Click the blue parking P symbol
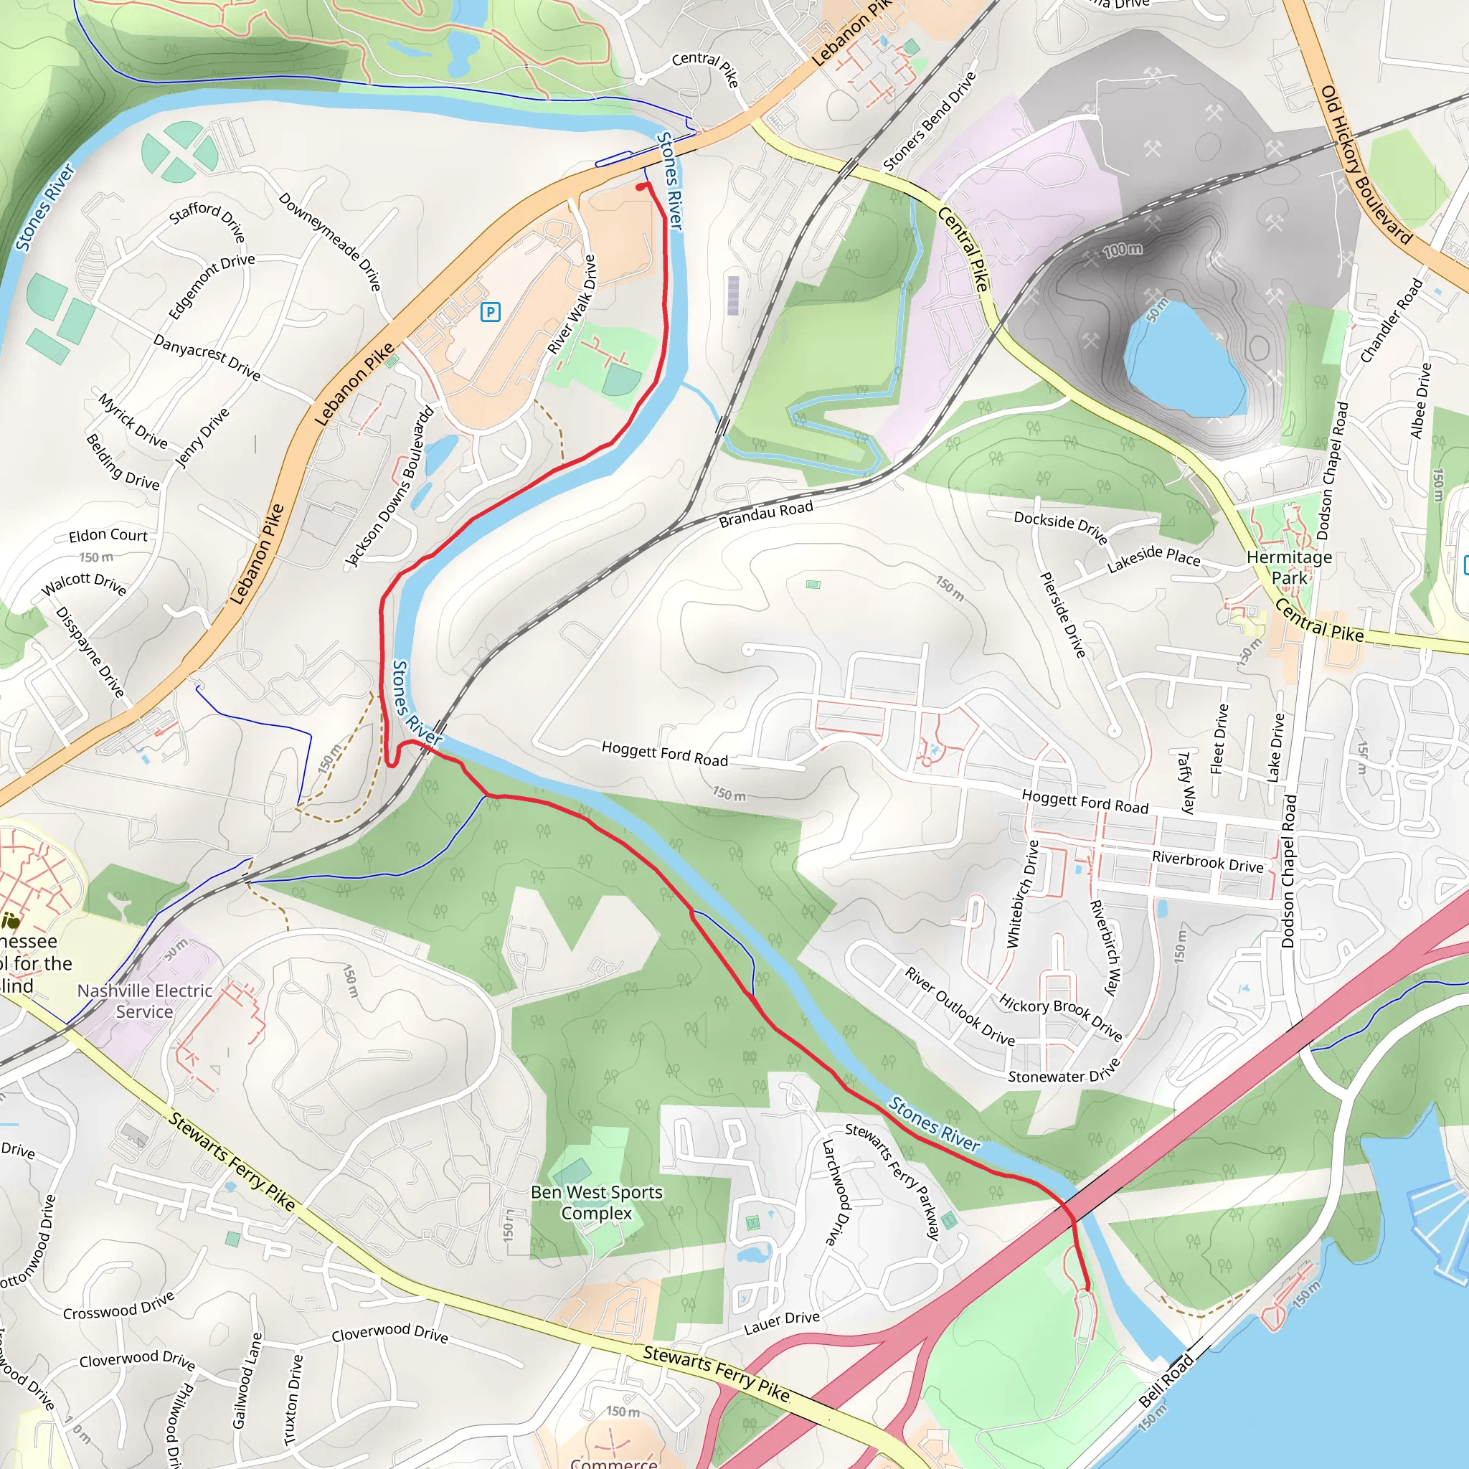click(491, 311)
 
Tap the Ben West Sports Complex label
click(596, 1202)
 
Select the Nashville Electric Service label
click(144, 1001)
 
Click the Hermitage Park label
click(1289, 567)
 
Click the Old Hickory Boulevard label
click(1366, 164)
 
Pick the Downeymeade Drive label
click(329, 242)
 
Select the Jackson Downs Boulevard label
click(390, 486)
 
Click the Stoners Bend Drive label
click(929, 122)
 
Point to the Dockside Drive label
click(1060, 526)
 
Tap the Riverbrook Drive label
click(1207, 861)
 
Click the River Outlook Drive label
click(960, 1006)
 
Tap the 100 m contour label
click(1123, 250)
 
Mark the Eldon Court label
click(108, 535)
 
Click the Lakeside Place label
click(1153, 558)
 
